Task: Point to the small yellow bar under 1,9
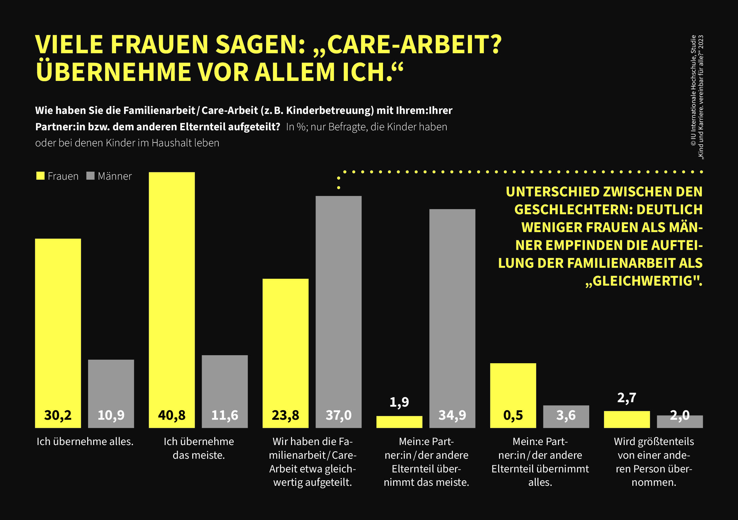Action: pyautogui.click(x=399, y=422)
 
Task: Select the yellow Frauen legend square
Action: pyautogui.click(x=40, y=176)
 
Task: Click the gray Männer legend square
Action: pyautogui.click(x=90, y=176)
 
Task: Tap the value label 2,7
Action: pyautogui.click(x=626, y=398)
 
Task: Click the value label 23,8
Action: pyautogui.click(x=285, y=415)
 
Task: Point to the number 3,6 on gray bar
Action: pyautogui.click(x=566, y=415)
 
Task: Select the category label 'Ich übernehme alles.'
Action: pyautogui.click(x=85, y=441)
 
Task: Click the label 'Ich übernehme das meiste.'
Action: pyautogui.click(x=199, y=448)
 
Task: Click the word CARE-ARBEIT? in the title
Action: pyautogui.click(x=414, y=44)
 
